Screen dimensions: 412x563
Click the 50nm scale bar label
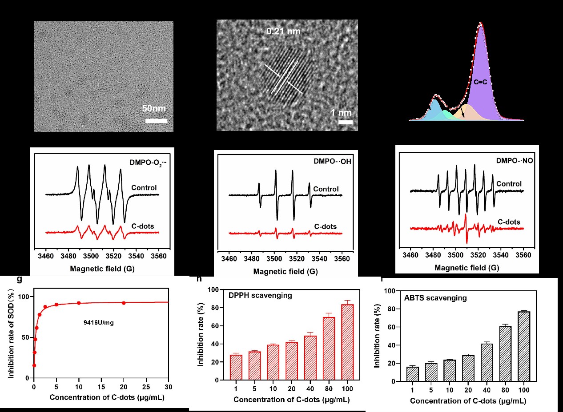(154, 109)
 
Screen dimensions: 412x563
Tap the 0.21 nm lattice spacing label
(283, 32)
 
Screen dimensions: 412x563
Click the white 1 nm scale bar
(346, 122)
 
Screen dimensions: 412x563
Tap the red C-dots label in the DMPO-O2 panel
(143, 226)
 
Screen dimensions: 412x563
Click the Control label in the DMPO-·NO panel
(509, 184)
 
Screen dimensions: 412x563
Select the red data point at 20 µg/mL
(124, 303)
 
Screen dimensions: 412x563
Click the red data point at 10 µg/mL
(79, 303)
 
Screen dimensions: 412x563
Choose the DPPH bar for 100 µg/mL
(348, 342)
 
